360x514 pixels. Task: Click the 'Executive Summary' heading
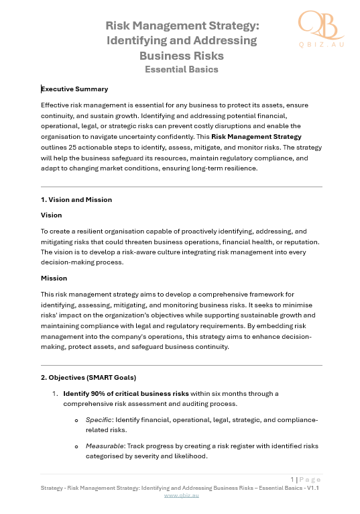(74, 89)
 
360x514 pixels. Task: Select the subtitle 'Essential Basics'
(182, 68)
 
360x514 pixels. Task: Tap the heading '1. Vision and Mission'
(76, 199)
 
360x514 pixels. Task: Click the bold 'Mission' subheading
(54, 277)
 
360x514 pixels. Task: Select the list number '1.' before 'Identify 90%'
(56, 393)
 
